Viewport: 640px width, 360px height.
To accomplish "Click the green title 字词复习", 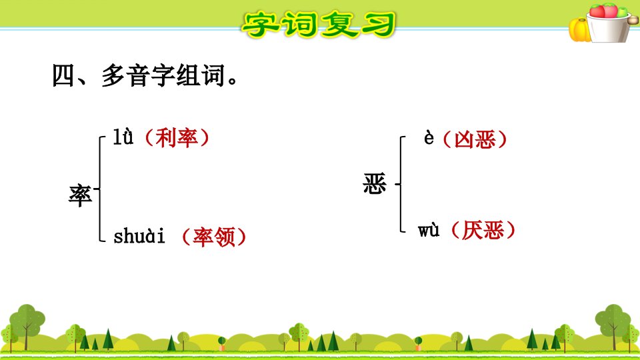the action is coord(319,25).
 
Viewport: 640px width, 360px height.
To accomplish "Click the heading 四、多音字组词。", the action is coord(145,75).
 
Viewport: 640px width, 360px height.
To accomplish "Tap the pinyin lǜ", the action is coord(123,137).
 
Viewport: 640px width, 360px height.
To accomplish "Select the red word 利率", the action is coord(177,138).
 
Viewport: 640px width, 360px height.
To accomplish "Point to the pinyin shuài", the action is coord(139,236).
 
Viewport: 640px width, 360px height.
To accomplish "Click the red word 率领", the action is coord(214,237).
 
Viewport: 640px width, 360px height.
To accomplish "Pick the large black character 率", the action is coord(81,195).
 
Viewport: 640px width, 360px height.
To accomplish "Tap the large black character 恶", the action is coord(375,184).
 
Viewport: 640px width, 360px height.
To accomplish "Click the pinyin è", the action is coord(429,137).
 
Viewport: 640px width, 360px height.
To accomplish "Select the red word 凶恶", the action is coord(475,139).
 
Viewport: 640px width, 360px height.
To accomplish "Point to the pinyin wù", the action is coord(429,230).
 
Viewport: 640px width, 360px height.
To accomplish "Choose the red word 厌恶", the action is coord(483,230).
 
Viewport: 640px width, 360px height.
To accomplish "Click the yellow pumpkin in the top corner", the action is coord(579,30).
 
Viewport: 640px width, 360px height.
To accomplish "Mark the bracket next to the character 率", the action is coord(99,189).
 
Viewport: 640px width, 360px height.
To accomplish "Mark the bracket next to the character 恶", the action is coord(401,184).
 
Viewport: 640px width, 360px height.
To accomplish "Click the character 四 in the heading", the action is coord(63,76).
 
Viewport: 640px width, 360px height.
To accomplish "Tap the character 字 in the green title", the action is coord(260,25).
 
